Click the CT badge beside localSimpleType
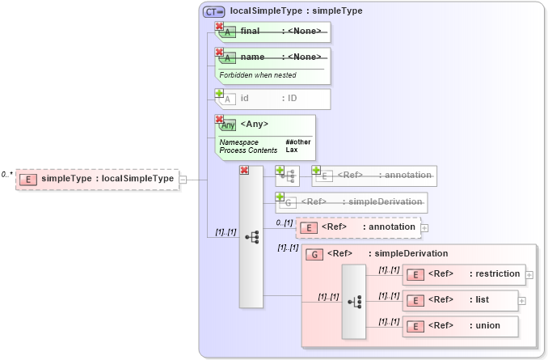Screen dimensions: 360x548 (214, 11)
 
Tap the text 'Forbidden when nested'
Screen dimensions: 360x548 (258, 75)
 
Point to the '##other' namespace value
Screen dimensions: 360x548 (297, 142)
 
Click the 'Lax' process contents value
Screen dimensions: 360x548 (291, 150)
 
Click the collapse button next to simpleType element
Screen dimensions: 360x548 (183, 180)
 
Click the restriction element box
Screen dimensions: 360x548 (464, 274)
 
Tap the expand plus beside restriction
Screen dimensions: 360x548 (529, 275)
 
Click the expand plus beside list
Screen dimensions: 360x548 (521, 301)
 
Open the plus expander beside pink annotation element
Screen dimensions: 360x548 (424, 228)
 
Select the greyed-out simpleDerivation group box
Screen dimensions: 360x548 (352, 201)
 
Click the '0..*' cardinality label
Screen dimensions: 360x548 (6, 174)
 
